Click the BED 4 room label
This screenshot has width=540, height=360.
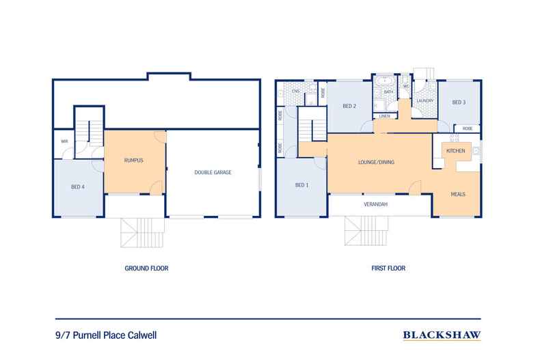tap(79, 186)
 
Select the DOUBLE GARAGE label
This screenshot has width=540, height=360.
tap(213, 173)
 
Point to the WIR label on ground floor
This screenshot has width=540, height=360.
tap(64, 141)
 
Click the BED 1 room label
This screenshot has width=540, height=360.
tap(301, 185)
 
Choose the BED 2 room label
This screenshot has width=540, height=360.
tap(349, 106)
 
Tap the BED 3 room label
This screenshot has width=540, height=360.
tap(459, 102)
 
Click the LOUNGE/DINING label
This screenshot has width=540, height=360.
tap(377, 162)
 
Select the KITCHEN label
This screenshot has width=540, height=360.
tap(456, 150)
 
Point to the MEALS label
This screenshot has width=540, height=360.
tap(458, 194)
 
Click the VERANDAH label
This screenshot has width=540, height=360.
tap(376, 205)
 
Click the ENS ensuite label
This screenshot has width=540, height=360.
tap(295, 91)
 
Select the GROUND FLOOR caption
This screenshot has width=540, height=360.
tap(146, 268)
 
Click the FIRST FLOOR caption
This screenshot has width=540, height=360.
tap(388, 268)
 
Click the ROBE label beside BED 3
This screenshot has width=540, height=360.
tap(467, 128)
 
